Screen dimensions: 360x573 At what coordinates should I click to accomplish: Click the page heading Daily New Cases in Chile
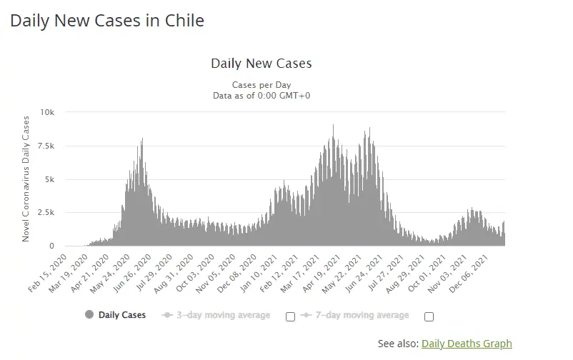[x=107, y=21]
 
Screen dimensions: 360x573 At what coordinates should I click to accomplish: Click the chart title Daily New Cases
[x=261, y=64]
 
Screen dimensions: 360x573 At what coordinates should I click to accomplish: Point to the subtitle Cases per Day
[x=261, y=84]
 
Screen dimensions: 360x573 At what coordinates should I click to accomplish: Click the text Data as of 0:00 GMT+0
[x=261, y=96]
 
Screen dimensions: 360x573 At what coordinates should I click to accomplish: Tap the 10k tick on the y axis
[x=48, y=112]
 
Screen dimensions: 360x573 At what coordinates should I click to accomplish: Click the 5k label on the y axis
[x=49, y=179]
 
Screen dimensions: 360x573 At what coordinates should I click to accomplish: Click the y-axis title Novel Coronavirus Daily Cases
[x=26, y=179]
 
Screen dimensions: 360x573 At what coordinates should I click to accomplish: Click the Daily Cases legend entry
[x=122, y=315]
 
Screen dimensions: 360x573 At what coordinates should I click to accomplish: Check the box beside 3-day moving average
[x=290, y=316]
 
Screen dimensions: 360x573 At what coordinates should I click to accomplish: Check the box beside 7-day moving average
[x=429, y=316]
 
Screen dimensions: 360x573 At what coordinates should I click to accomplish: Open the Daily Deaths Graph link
[x=467, y=344]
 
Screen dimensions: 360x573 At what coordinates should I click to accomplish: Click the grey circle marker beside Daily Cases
[x=89, y=315]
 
